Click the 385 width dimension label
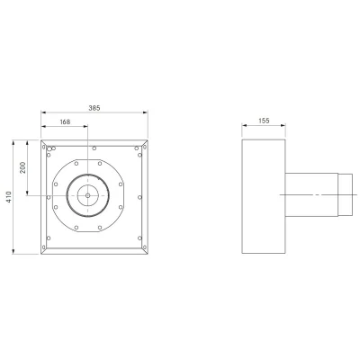[x=94, y=108]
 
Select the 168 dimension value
[x=65, y=122]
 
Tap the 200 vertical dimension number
[x=22, y=167]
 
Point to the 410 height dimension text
[x=9, y=197]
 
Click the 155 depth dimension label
[x=264, y=121]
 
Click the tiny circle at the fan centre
[x=87, y=195]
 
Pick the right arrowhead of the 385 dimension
[x=146, y=112]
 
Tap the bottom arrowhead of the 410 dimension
[x=13, y=251]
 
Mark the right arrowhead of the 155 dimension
[x=283, y=126]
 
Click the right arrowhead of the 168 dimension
[x=85, y=126]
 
